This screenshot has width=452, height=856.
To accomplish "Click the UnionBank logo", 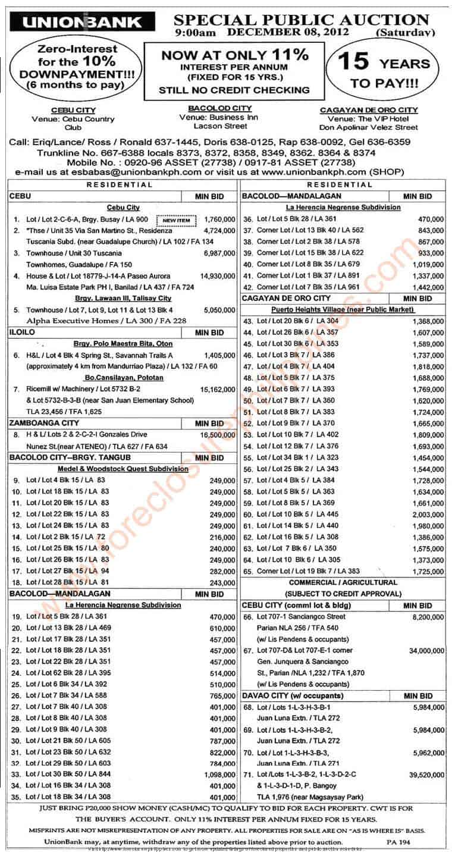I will pos(83,23).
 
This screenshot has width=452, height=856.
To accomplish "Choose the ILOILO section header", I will pos(22,333).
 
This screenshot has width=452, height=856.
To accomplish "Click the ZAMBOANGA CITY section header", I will pos(37,423).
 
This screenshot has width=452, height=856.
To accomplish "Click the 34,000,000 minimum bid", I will pos(422,651).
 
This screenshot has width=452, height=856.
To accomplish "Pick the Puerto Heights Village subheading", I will pos(342,310).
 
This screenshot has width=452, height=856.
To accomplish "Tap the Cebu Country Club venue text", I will pos(73,123).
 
